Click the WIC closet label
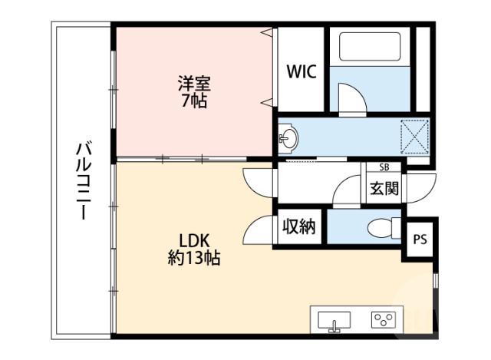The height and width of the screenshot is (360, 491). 301,71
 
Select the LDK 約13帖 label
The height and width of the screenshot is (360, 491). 194,248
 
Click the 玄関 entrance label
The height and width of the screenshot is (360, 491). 383,187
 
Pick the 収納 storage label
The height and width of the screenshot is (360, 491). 298,228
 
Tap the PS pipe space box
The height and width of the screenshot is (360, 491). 420,239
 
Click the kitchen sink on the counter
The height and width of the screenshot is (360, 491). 333,320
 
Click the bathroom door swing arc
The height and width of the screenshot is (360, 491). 351,101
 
